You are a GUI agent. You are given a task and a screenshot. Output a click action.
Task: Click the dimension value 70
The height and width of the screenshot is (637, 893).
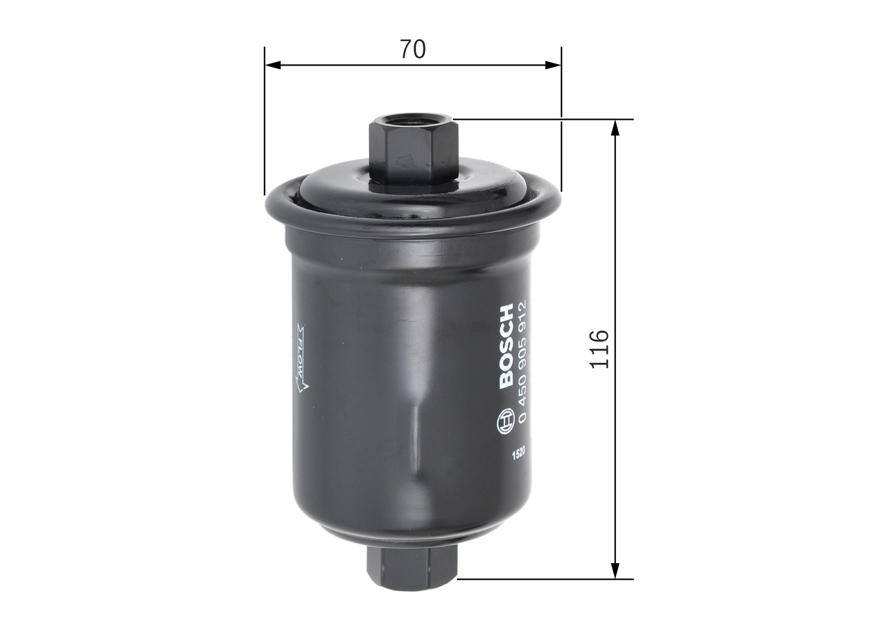(412, 49)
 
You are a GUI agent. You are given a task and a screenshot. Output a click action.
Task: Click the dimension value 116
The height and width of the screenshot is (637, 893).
(600, 349)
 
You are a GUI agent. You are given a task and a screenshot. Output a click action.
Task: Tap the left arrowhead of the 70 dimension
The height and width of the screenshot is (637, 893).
(273, 65)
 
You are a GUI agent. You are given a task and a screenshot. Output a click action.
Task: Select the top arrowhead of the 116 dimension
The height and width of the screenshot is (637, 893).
(615, 128)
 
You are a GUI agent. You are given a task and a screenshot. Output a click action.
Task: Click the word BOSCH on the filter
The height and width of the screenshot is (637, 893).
(506, 346)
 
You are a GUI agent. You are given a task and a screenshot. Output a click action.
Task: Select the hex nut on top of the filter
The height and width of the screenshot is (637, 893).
(412, 150)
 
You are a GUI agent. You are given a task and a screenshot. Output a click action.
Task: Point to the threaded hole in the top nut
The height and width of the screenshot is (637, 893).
(412, 123)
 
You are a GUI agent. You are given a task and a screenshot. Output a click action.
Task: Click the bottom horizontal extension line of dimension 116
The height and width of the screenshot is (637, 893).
(544, 578)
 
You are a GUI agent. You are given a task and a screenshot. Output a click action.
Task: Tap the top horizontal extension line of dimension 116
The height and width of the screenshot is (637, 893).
(544, 119)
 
